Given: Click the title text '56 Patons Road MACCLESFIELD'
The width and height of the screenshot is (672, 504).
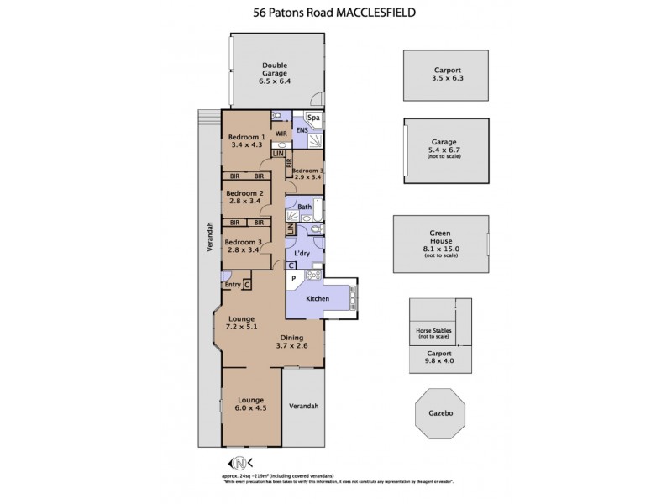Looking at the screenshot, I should (x=336, y=13).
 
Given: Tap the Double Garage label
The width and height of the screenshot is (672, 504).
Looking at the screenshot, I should (x=275, y=74).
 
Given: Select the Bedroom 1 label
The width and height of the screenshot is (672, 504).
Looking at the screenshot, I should (x=248, y=140).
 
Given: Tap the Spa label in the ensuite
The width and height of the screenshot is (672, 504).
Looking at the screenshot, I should (x=313, y=118).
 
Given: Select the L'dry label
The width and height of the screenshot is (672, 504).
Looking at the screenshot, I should (x=303, y=252).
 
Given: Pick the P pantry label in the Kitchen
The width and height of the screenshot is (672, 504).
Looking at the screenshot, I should (x=293, y=277).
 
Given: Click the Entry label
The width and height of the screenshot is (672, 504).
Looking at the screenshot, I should (x=233, y=286).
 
